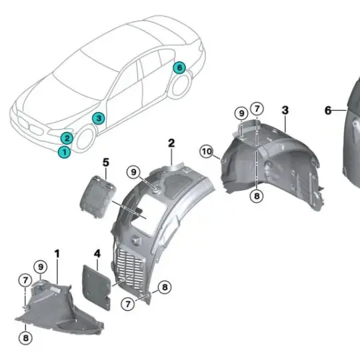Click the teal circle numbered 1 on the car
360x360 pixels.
64,152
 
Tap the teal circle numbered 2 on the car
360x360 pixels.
67,138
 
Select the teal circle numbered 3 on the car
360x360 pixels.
98,119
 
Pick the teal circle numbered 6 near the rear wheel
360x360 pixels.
179,67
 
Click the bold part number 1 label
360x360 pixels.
57,253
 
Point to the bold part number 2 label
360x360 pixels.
171,143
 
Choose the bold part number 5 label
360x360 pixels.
105,161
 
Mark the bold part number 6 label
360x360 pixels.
328,110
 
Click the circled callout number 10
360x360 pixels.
207,152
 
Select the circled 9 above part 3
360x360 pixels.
241,113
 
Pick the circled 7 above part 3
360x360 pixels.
257,109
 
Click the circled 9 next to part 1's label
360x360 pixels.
41,267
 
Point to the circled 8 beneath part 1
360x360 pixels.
25,337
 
